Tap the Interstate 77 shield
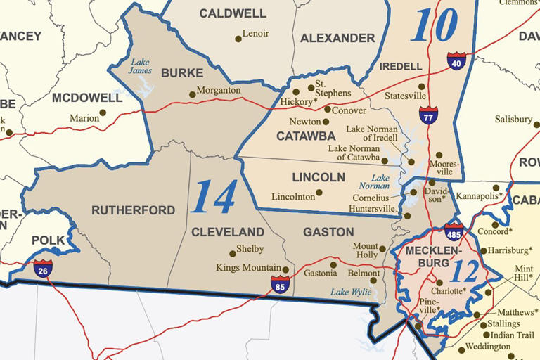point(428,115)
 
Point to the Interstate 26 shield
point(43,268)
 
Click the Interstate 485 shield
point(454,232)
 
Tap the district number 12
point(464,271)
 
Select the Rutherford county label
point(133,210)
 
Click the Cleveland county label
point(228,232)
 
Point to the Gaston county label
point(328,232)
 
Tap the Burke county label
point(182,72)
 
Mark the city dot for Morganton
point(192,94)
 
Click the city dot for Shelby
point(233,254)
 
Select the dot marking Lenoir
point(238,39)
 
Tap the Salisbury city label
point(513,120)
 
